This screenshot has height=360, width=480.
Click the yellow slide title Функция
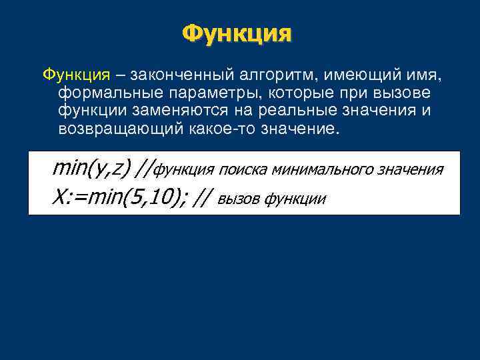(237, 33)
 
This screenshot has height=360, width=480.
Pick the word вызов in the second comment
(239, 198)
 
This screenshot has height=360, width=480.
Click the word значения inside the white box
(410, 170)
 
